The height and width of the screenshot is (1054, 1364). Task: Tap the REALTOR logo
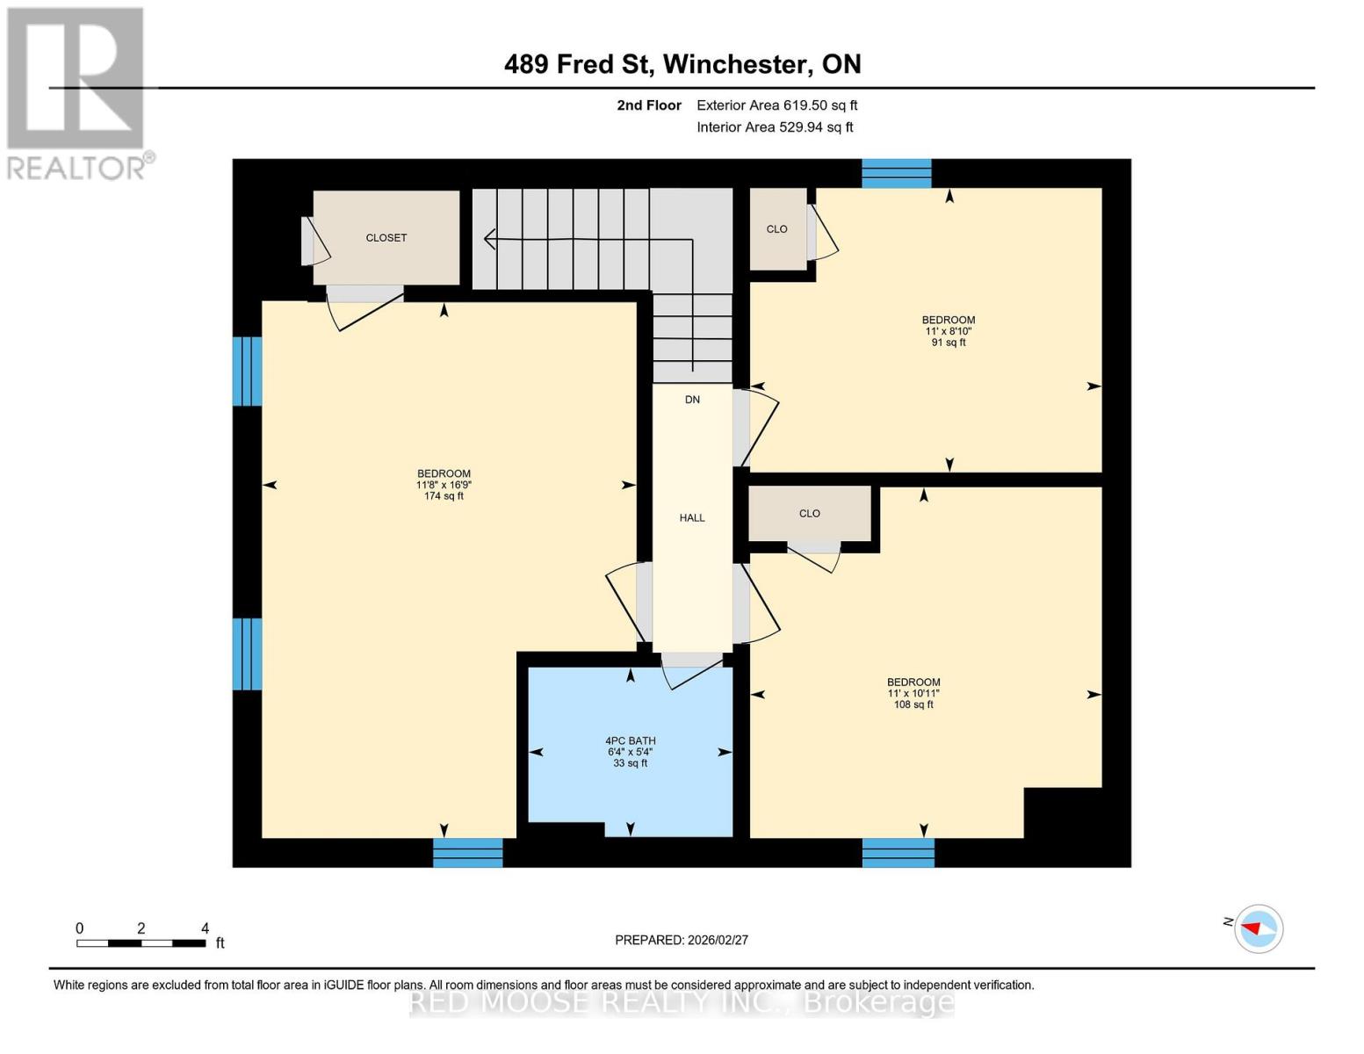tap(77, 92)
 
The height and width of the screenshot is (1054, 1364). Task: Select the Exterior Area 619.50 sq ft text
tap(776, 105)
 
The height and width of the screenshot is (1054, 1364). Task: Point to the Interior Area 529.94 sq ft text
tap(775, 127)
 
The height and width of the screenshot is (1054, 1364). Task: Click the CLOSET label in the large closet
tap(386, 238)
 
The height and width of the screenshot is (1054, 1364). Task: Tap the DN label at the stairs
tap(692, 400)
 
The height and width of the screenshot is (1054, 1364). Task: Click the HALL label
tap(692, 518)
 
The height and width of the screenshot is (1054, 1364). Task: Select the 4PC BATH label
tap(631, 741)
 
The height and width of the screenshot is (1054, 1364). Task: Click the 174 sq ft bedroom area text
tap(444, 496)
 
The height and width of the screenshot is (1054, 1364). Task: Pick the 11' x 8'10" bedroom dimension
tap(949, 331)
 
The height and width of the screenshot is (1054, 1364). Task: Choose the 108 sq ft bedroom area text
tap(913, 704)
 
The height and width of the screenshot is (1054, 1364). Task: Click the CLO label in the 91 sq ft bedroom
tap(777, 229)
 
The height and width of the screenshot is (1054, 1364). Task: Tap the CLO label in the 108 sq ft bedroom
tap(809, 514)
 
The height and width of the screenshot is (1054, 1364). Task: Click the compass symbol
tap(1259, 928)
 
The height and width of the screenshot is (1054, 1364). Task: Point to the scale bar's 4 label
tap(205, 928)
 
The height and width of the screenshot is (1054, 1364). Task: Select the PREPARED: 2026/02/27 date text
tap(682, 940)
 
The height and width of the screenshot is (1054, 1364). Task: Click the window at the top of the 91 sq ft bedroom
tap(896, 174)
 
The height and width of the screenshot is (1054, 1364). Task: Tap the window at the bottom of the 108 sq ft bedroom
tap(898, 852)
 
